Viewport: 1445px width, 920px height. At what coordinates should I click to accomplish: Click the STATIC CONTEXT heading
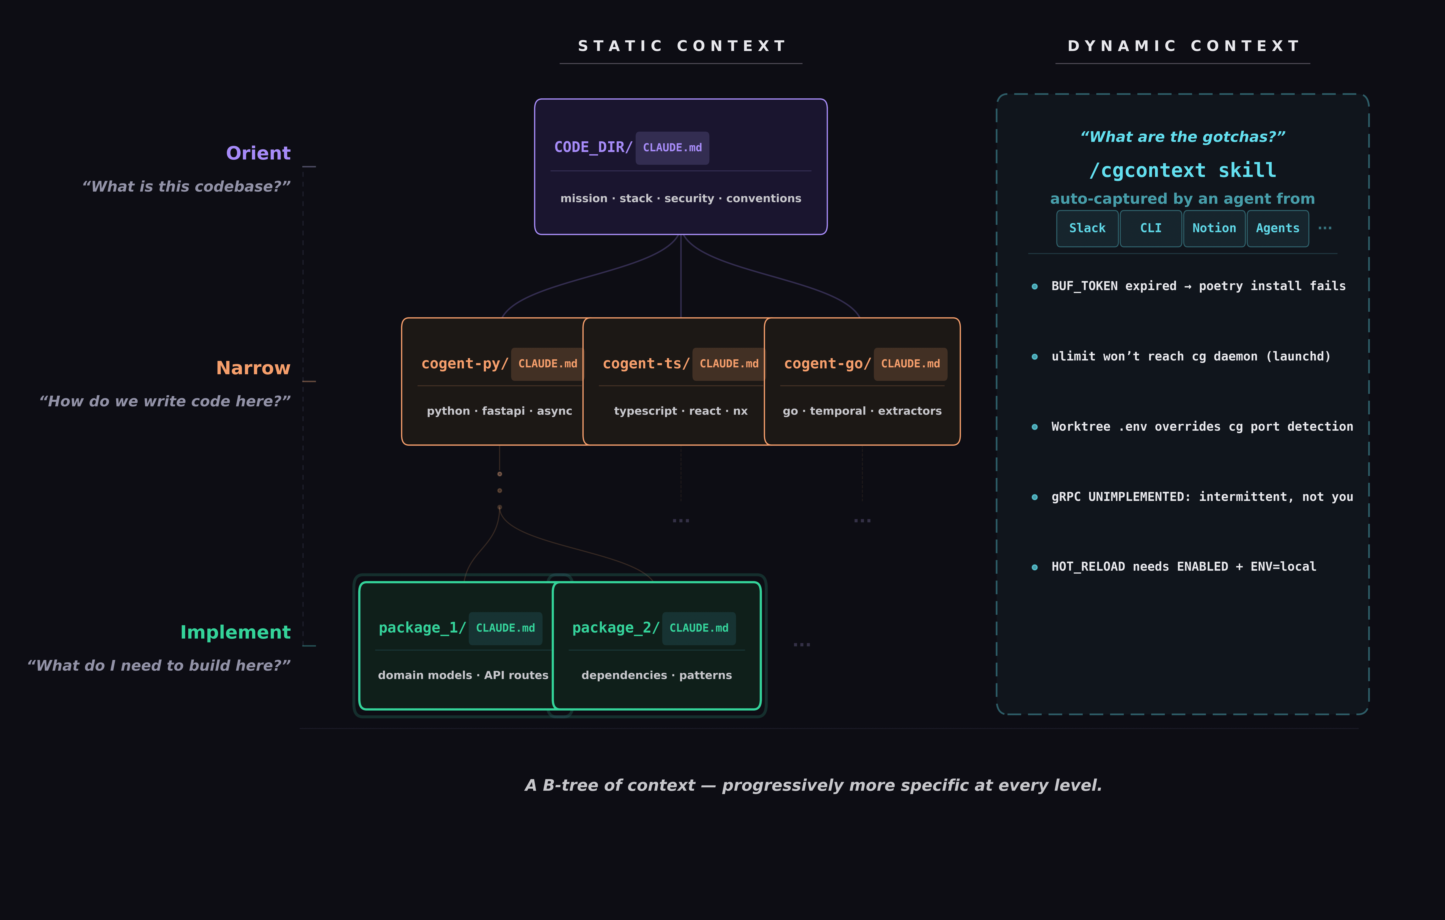click(681, 46)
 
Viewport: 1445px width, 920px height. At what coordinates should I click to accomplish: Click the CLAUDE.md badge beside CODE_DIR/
click(672, 148)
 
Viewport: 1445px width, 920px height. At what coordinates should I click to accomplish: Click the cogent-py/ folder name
click(464, 364)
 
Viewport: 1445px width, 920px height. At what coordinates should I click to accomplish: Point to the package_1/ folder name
click(422, 628)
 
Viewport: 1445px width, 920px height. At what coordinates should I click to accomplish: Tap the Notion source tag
click(1214, 228)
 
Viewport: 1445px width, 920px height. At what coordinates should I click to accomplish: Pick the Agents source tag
click(1278, 228)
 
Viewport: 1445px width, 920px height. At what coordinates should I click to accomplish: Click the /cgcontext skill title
click(1183, 170)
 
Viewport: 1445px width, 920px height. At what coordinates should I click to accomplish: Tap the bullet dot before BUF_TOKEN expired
click(1034, 286)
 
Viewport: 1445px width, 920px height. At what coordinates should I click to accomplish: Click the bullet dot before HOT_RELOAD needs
click(1034, 567)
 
